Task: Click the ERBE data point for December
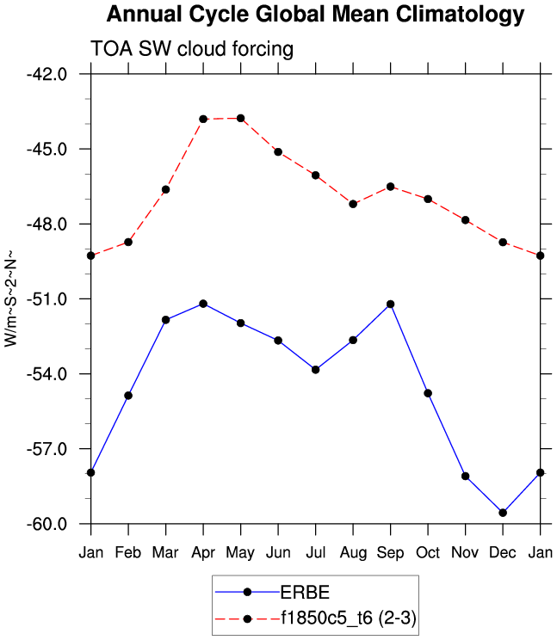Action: (503, 513)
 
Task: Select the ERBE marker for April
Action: (203, 304)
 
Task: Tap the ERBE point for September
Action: (391, 305)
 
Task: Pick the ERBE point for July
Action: (316, 370)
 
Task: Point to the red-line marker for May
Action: (241, 118)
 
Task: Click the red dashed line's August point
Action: (353, 204)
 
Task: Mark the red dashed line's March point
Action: (166, 189)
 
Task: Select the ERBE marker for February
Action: (128, 396)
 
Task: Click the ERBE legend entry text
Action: (305, 592)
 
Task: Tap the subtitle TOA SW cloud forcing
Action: (192, 49)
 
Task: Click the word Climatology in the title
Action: (455, 15)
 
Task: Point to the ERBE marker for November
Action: (466, 476)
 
